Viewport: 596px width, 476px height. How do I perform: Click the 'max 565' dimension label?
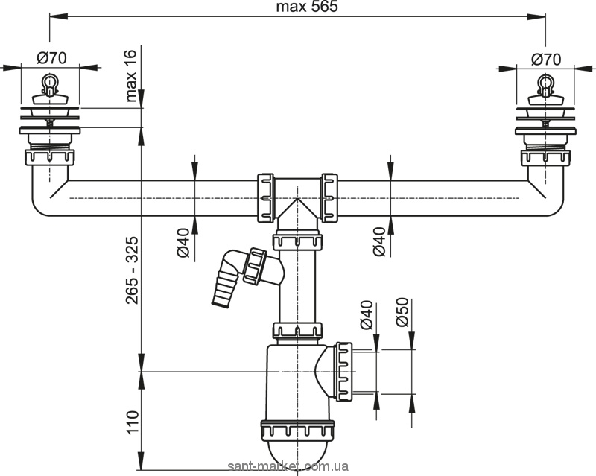307,7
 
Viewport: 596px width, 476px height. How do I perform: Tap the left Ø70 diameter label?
51,58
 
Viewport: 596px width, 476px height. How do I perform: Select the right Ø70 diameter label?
546,59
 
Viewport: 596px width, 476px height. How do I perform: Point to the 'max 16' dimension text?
130,76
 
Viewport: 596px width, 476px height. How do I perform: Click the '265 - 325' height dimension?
132,270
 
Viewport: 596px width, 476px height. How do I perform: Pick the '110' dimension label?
132,422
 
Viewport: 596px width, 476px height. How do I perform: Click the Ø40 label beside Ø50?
366,315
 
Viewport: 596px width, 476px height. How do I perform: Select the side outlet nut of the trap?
343,371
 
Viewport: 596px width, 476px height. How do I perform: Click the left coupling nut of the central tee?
265,198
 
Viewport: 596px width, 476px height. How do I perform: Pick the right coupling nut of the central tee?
329,198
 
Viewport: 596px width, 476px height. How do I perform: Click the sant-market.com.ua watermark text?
288,466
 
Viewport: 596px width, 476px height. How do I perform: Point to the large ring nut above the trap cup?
297,430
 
